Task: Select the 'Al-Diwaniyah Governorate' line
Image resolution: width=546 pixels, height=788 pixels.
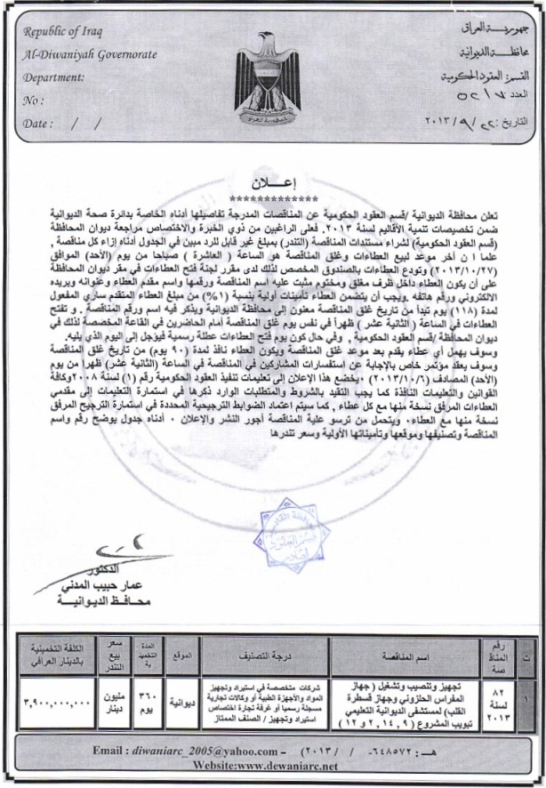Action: click(76, 58)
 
